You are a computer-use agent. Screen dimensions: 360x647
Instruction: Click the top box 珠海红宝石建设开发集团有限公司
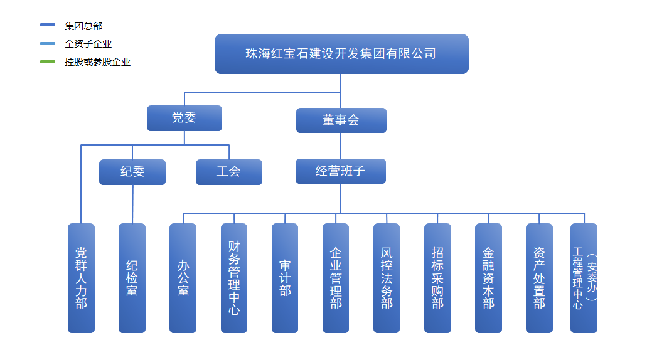[341, 54]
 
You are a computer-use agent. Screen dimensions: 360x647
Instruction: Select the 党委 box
[184, 118]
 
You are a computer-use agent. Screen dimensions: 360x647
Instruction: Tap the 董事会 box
[341, 120]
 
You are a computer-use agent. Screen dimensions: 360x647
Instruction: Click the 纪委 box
[132, 172]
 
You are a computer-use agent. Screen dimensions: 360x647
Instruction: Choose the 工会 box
[228, 172]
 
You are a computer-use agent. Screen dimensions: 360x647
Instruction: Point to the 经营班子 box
[340, 171]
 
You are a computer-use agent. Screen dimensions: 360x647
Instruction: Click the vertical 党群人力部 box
[81, 278]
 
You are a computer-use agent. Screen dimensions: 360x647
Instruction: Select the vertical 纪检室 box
[132, 278]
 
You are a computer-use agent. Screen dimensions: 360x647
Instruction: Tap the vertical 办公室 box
[183, 278]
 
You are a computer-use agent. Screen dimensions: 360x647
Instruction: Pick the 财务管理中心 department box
[234, 278]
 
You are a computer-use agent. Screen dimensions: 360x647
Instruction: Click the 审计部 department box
[285, 278]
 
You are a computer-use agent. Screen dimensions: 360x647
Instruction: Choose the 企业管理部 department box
[336, 278]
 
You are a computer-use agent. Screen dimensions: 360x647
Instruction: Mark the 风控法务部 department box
[387, 278]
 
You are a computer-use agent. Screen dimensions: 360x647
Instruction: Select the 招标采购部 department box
[437, 278]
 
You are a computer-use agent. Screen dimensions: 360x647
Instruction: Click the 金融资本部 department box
[488, 278]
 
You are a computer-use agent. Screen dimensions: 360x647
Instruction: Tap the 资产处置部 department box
[539, 278]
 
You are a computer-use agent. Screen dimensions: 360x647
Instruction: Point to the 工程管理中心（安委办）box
[584, 278]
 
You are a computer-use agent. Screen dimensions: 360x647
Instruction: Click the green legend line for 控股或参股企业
[48, 62]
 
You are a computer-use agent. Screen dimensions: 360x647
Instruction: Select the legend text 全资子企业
[88, 44]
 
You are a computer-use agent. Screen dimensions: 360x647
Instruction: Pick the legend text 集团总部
[83, 26]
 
